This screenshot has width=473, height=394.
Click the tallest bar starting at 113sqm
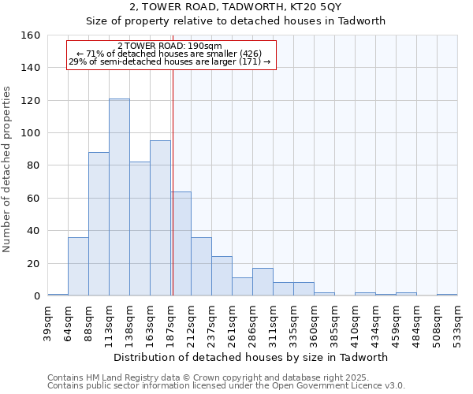(119, 197)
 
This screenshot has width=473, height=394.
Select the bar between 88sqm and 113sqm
(99, 224)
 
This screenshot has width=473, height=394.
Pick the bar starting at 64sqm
(78, 266)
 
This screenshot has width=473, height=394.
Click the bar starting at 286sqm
(263, 282)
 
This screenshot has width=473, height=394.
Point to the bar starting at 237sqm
(222, 276)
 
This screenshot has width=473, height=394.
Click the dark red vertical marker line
(173, 181)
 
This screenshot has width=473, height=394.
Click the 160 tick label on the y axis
(30, 35)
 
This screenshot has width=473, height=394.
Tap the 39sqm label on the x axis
(47, 322)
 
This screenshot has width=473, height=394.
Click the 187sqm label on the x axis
(170, 322)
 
